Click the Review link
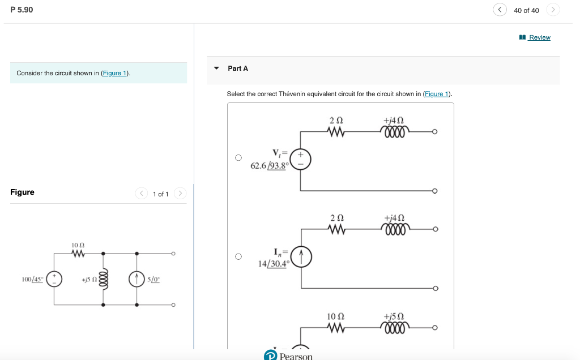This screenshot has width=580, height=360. tap(539, 37)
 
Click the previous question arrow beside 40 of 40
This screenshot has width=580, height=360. tap(500, 10)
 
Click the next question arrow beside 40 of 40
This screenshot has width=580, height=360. tap(553, 10)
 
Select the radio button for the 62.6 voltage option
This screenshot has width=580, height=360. tap(238, 157)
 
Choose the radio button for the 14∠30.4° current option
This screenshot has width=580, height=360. tap(238, 256)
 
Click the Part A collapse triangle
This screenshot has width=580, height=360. tap(216, 68)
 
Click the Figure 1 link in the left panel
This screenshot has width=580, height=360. tap(115, 73)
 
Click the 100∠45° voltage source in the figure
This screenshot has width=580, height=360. tap(54, 279)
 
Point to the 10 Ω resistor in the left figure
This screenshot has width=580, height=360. tap(78, 254)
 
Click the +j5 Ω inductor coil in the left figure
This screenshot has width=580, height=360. tap(103, 279)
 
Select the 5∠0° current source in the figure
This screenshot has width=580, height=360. tap(137, 279)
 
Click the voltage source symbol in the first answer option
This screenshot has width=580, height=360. tap(301, 158)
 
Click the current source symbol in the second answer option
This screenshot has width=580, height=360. tap(301, 258)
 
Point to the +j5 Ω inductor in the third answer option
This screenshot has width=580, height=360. tap(394, 328)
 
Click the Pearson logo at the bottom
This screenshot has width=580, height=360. tap(289, 355)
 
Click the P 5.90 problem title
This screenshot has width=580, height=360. tap(22, 10)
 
